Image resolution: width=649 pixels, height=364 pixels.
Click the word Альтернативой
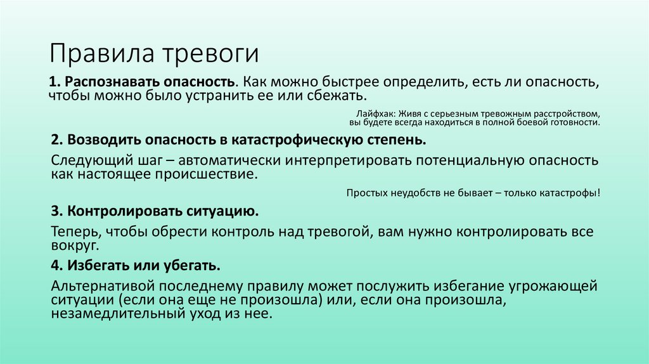pyautogui.click(x=100, y=286)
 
